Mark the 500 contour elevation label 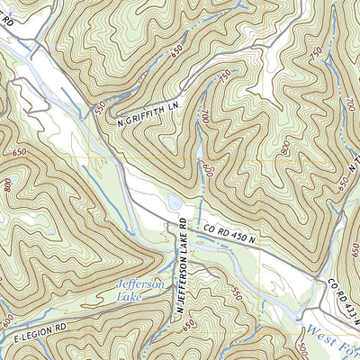(x=300, y=348)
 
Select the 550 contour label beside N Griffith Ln (x=98, y=106)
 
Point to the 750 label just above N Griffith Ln (x=221, y=79)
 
